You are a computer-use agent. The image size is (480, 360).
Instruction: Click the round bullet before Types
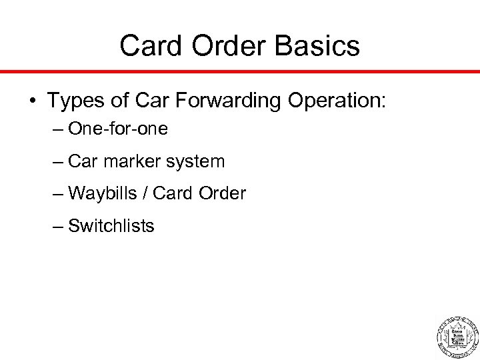[x=33, y=100]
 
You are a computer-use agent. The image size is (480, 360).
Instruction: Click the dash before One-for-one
[x=57, y=129]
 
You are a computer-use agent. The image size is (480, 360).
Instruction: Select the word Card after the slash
[x=169, y=193]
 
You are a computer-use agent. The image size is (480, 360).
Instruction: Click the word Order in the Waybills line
[x=221, y=193]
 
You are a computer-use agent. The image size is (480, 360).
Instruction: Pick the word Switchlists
[x=111, y=225]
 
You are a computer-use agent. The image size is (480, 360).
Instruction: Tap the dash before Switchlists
[x=57, y=225]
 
